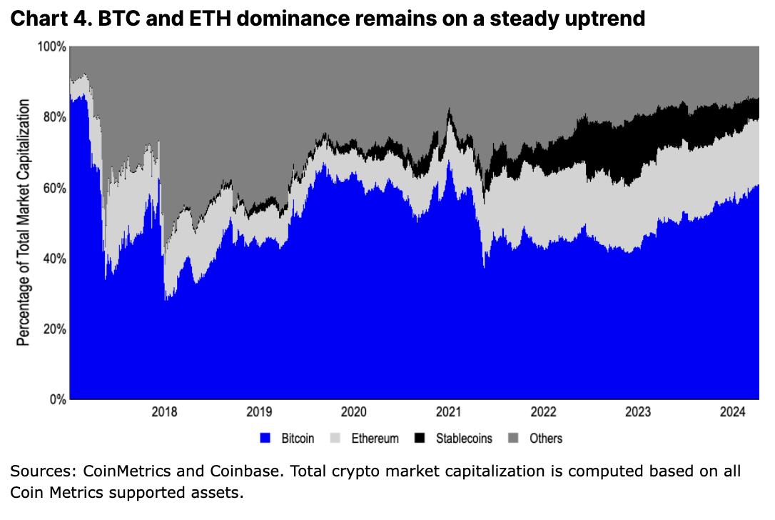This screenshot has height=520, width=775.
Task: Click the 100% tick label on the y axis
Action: coord(52,47)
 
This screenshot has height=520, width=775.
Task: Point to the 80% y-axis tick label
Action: coord(54,117)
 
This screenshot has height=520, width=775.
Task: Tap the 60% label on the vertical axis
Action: coord(54,188)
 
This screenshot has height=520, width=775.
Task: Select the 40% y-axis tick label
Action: coord(54,259)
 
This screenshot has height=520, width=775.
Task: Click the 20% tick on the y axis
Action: coord(54,329)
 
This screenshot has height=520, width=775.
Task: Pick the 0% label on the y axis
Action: coord(57,399)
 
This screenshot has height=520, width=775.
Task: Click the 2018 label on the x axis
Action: coord(165,412)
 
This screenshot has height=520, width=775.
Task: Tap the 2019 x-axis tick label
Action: coord(259,412)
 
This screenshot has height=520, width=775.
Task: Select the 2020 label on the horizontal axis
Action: coord(354,412)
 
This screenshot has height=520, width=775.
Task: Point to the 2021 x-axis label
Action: coord(449,412)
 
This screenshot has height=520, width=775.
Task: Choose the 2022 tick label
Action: coord(543,412)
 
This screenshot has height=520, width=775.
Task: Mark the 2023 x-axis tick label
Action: coord(638,412)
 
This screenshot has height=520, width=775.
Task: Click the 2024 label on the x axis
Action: coord(733,412)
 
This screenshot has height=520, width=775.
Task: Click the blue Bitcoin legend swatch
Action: coord(266,438)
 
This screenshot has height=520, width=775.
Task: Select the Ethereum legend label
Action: coord(375,439)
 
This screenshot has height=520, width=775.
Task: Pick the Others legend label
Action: coord(545,439)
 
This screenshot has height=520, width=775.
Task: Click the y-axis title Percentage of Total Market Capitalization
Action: coord(24,223)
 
